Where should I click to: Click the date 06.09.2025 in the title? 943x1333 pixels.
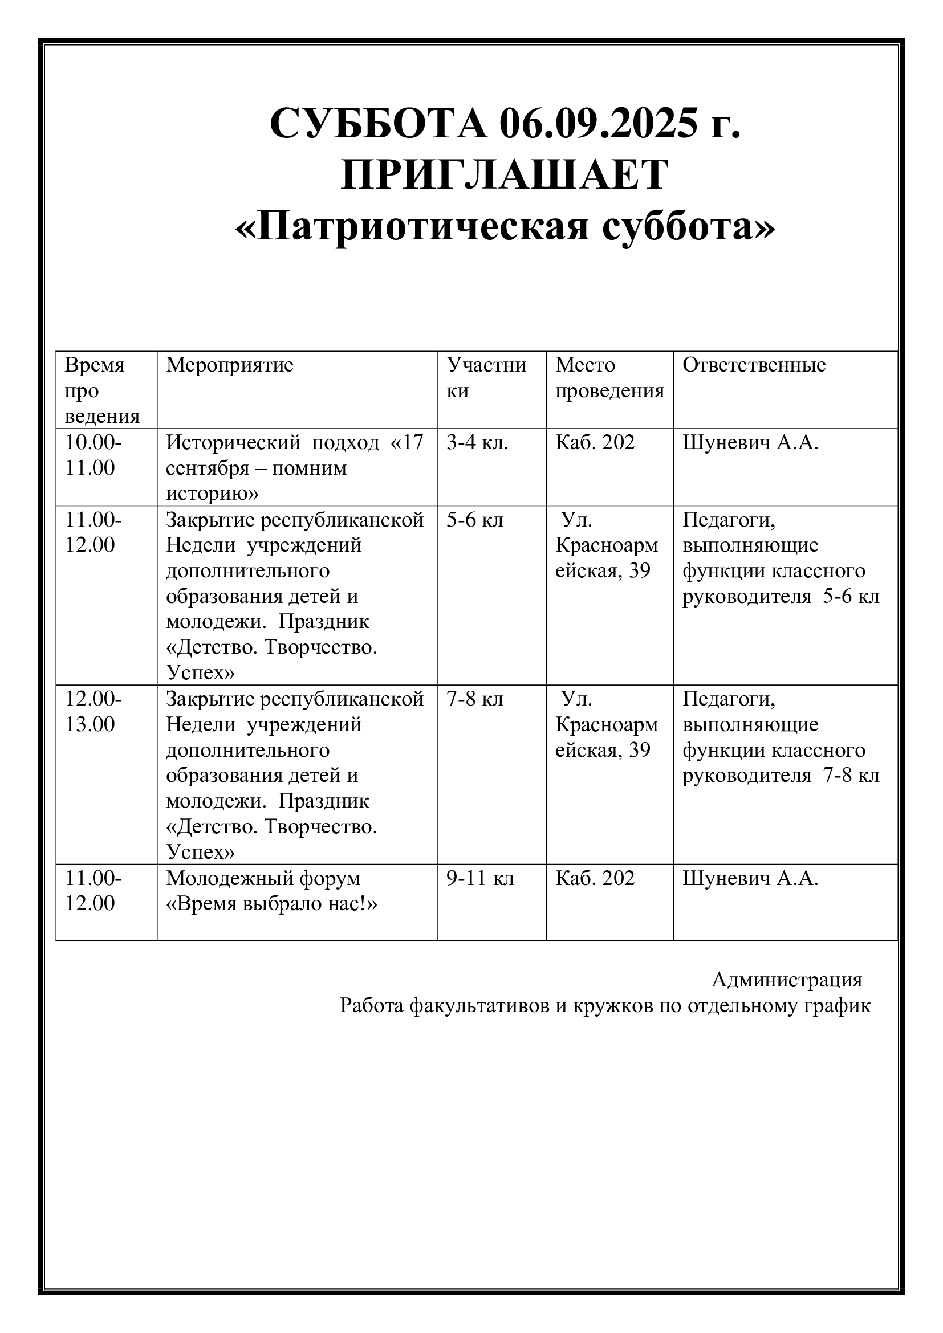point(597,124)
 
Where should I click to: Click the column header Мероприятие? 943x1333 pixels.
point(229,365)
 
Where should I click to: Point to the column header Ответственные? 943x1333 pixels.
point(754,365)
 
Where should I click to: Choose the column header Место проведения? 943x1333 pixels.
point(609,378)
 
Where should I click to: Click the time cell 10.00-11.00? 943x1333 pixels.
point(93,455)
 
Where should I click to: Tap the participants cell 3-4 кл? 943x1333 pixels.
point(477,443)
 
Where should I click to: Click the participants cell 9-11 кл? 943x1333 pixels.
point(480,878)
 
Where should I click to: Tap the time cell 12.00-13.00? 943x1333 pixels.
point(93,712)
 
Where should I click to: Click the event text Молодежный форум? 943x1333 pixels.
point(263,878)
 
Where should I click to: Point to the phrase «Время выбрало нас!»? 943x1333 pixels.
point(271,904)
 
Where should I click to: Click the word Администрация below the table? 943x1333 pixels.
point(787,980)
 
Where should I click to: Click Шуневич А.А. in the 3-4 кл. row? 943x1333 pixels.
point(750,443)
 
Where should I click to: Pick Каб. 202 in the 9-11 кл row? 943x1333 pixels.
point(595,878)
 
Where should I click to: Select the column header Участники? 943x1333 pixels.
point(486,378)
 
